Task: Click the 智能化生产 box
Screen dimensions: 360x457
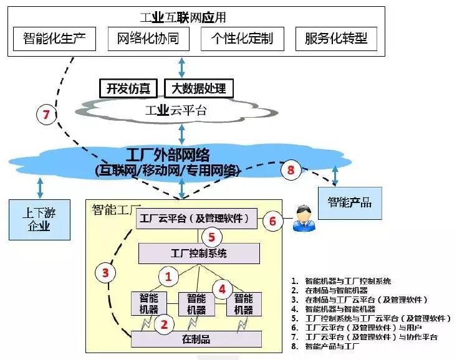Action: coord(55,39)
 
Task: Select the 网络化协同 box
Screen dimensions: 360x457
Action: coord(148,39)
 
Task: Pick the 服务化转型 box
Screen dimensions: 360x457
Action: coord(336,39)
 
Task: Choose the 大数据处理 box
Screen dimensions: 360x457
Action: coord(198,88)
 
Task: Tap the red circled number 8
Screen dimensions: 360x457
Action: coord(290,169)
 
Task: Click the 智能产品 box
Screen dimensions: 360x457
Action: coord(349,202)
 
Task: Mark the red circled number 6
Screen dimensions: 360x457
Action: coord(272,220)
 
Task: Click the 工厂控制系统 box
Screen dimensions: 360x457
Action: coord(198,253)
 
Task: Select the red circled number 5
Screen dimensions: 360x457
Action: coord(212,237)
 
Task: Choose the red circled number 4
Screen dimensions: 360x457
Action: coord(221,288)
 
